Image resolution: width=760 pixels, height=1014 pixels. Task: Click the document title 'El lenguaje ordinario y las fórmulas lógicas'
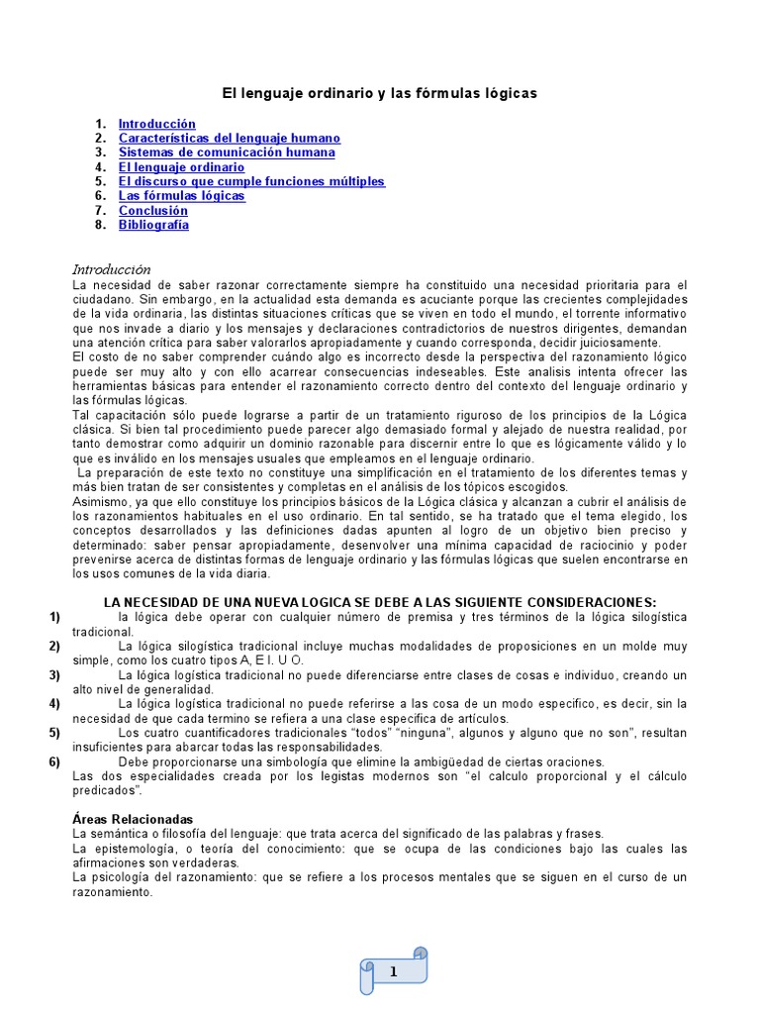(379, 93)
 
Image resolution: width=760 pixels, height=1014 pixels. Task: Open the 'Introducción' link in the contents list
(157, 124)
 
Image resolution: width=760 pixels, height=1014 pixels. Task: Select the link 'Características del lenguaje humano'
(230, 139)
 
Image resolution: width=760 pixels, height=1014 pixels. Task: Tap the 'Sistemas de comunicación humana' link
(227, 152)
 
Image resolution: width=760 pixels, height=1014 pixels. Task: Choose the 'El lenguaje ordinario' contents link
(182, 167)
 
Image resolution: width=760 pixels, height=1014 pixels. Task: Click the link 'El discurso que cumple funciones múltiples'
(251, 181)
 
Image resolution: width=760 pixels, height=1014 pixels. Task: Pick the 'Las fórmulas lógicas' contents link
(182, 196)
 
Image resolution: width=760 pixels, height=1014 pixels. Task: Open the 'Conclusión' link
(153, 210)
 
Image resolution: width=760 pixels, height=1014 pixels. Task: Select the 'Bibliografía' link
(153, 225)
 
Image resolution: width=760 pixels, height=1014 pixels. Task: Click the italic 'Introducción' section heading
(112, 269)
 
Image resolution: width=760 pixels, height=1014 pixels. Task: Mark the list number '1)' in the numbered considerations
(54, 617)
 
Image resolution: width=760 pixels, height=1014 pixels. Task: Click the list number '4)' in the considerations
(54, 703)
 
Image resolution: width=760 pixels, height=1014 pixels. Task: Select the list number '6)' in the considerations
(54, 761)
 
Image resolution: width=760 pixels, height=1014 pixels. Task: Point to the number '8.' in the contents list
(100, 225)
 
